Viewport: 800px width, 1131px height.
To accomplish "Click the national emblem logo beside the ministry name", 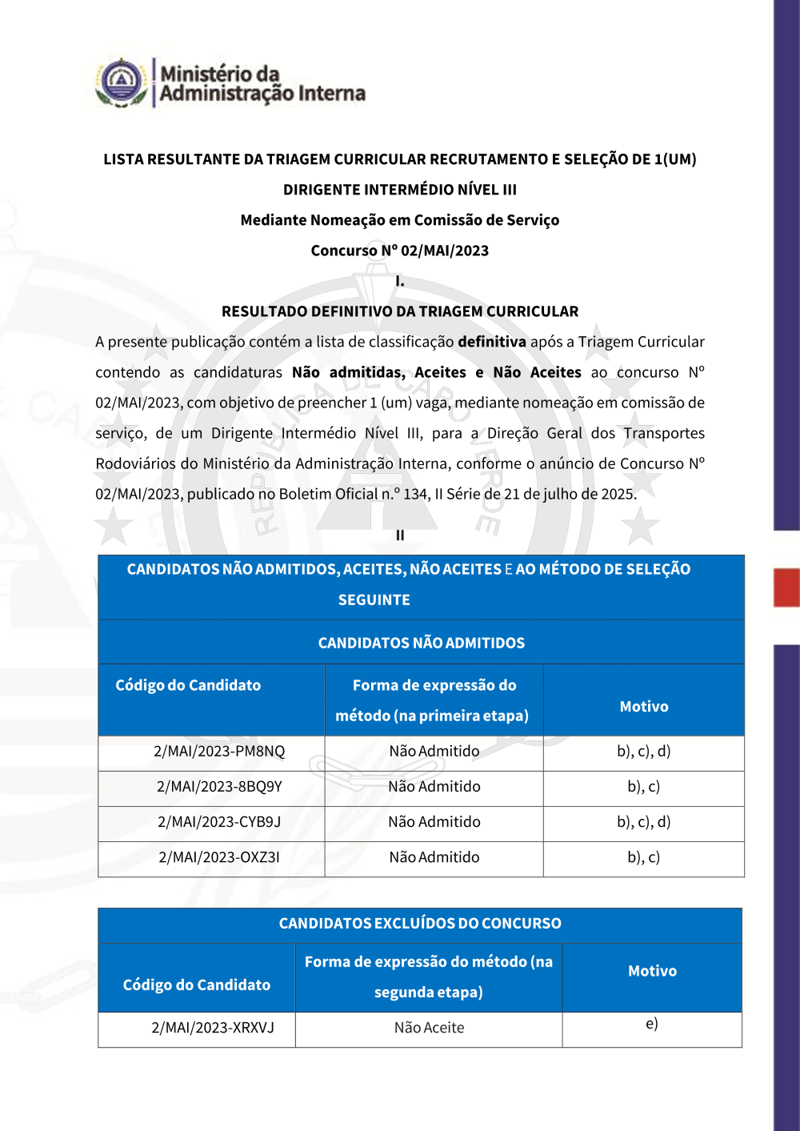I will [121, 82].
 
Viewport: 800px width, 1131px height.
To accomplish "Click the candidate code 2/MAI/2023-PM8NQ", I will [219, 752].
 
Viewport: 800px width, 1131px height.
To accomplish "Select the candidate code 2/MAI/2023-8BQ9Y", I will [219, 787].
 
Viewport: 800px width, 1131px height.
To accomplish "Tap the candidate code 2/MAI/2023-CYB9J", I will [219, 822].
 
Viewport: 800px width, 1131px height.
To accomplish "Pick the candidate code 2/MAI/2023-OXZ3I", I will [219, 857].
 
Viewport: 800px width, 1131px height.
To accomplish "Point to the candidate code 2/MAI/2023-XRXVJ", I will [213, 1028].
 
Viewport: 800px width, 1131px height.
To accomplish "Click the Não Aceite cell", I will [429, 1028].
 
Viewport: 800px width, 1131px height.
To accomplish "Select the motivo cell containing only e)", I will [652, 1024].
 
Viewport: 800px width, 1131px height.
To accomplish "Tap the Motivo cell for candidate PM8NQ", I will [644, 752].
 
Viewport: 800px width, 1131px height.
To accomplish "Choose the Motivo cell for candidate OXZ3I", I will [644, 857].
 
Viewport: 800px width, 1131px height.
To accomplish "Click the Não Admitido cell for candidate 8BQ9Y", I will [434, 787].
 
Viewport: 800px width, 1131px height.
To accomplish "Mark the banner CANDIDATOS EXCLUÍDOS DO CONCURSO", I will [420, 924].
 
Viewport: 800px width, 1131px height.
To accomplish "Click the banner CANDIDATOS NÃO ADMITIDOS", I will [422, 643].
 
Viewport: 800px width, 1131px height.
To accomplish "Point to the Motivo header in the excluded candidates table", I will [652, 971].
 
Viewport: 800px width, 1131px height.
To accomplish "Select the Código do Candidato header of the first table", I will [188, 685].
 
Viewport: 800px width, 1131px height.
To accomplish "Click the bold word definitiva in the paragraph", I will [492, 342].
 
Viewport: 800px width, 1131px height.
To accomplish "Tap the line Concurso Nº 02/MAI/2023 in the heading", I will [400, 251].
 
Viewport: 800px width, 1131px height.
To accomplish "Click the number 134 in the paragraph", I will [415, 494].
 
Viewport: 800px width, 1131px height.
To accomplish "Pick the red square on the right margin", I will [786, 588].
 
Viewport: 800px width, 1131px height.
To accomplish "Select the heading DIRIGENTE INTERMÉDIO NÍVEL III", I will [400, 190].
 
